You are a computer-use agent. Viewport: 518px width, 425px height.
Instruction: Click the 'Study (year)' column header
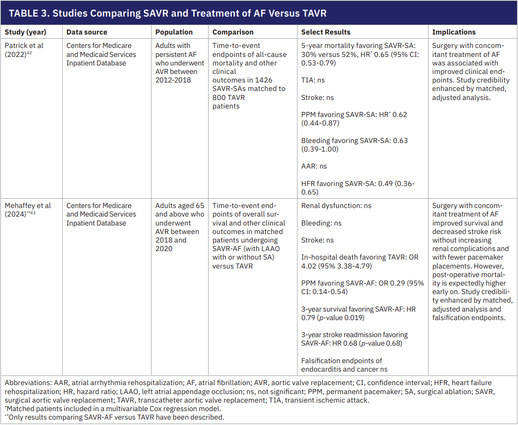(x=26, y=32)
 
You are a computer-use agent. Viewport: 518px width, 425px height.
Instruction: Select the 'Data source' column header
(x=87, y=32)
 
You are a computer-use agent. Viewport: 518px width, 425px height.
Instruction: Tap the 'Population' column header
(x=174, y=32)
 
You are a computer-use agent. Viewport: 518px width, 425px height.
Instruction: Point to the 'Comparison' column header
(x=233, y=32)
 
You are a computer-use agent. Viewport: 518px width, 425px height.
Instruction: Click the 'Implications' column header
(x=454, y=32)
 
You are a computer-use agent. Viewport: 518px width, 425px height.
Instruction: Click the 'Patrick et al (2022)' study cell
(x=24, y=50)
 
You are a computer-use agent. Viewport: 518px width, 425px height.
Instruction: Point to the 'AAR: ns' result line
(x=314, y=166)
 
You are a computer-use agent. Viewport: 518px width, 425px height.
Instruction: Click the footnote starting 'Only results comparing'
(x=115, y=417)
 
